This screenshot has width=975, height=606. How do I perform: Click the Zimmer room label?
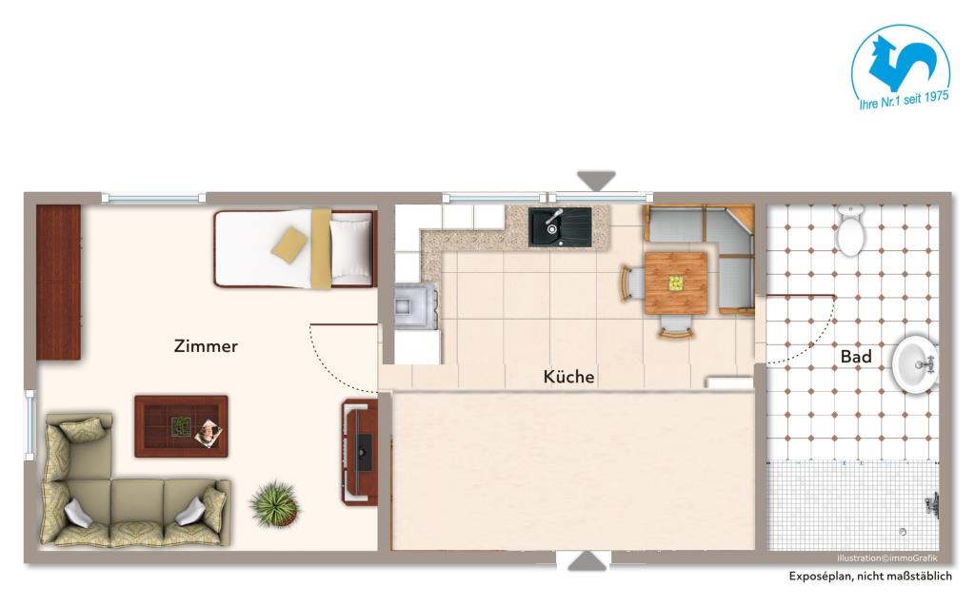(206, 346)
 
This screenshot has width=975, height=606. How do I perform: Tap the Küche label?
(569, 377)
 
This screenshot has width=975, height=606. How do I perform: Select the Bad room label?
(856, 356)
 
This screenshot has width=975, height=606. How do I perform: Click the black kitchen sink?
(560, 226)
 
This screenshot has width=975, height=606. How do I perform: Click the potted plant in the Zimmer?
(275, 503)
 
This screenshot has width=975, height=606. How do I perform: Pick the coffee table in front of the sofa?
(181, 426)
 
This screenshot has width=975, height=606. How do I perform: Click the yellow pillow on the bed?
(289, 244)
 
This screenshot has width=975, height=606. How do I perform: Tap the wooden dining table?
(676, 283)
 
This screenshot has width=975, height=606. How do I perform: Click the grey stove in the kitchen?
(416, 306)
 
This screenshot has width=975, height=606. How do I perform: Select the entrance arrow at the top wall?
(596, 181)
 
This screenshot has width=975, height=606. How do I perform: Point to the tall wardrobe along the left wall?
(58, 283)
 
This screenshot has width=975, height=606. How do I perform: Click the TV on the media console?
(365, 452)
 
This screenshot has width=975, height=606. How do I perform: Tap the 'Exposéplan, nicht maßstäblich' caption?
(870, 577)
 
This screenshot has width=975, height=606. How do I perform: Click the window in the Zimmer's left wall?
(30, 425)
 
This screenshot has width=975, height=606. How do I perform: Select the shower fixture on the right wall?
(931, 505)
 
